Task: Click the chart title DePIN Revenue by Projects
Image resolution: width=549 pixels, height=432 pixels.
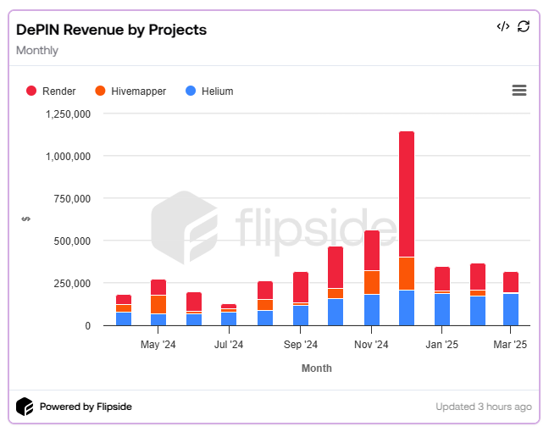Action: [111, 30]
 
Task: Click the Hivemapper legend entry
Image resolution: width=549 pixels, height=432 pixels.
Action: [130, 91]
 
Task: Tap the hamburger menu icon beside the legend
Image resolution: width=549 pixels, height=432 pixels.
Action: [519, 91]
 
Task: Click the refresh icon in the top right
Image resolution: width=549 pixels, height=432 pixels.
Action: [524, 26]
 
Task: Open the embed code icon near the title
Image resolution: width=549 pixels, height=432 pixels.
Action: [502, 26]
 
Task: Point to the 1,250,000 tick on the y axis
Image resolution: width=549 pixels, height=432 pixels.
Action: [67, 114]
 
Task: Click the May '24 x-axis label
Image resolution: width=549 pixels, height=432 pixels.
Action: [158, 345]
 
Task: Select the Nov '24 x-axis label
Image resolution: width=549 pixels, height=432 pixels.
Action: [371, 345]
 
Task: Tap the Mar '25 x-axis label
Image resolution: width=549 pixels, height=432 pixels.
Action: [510, 345]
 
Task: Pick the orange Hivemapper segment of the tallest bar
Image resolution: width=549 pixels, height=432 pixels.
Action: [407, 274]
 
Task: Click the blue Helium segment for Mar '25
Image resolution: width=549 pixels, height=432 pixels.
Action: [511, 309]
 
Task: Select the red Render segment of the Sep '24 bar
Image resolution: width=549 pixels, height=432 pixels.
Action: [301, 286]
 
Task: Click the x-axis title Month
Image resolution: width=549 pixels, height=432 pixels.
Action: [317, 368]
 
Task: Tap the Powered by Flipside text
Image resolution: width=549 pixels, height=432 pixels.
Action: [86, 407]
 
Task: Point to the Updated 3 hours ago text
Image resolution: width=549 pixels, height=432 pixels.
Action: [483, 407]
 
